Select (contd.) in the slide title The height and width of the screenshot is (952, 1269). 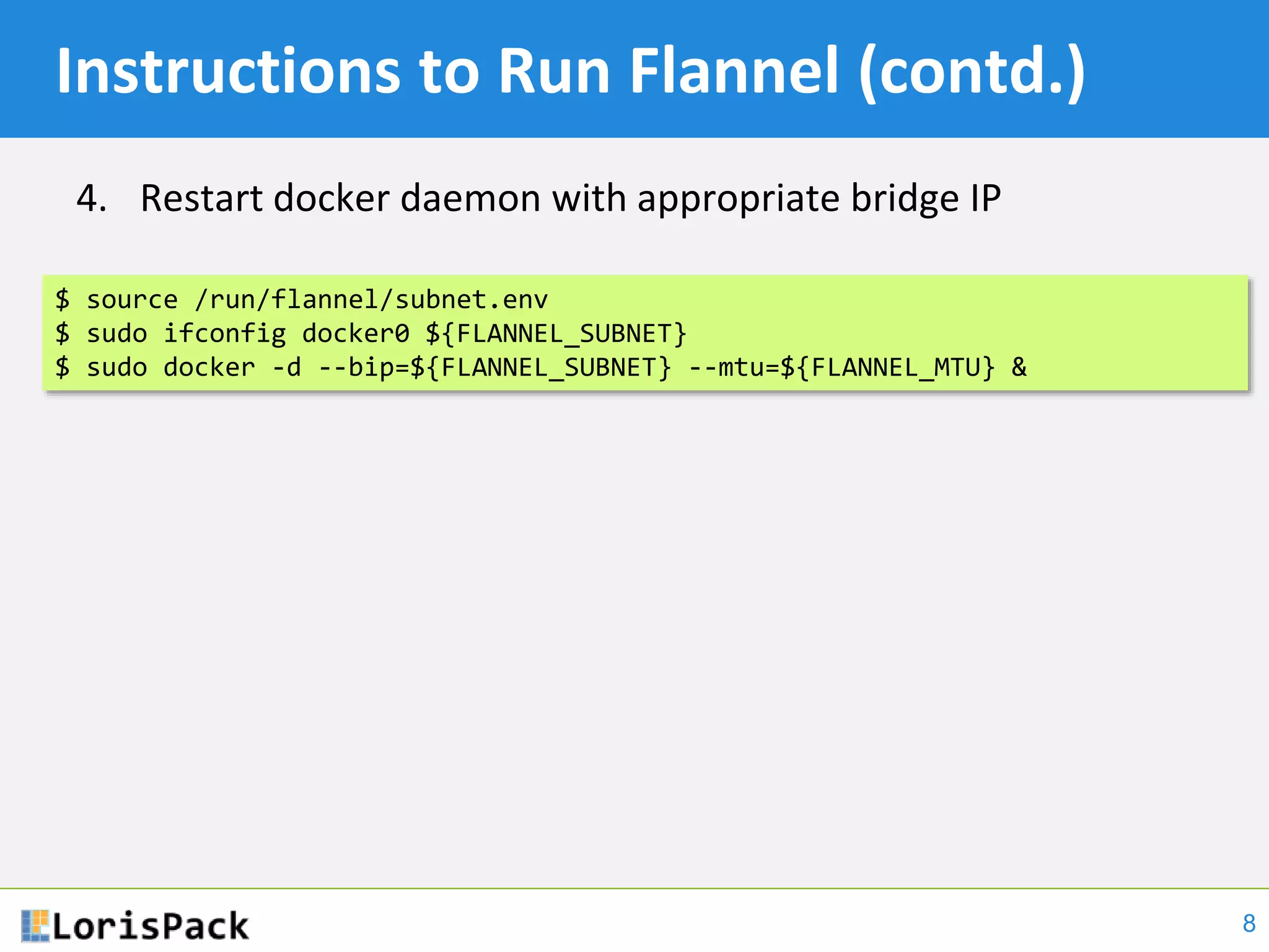(972, 73)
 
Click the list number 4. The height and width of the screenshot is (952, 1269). (90, 199)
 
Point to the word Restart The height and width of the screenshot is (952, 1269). (201, 199)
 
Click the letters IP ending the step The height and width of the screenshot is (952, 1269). (983, 199)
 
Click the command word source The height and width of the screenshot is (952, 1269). (132, 300)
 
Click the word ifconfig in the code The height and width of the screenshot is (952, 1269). (224, 334)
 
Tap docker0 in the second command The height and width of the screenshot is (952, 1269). (356, 334)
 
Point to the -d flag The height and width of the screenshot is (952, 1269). (286, 368)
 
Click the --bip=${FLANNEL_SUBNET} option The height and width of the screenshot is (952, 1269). (494, 368)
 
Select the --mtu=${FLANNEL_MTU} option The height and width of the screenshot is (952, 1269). (841, 368)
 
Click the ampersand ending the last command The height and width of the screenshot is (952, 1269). (1019, 368)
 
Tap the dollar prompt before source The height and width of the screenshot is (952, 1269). (63, 300)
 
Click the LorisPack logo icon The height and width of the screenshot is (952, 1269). (35, 925)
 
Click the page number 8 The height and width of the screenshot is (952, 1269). (1249, 923)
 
